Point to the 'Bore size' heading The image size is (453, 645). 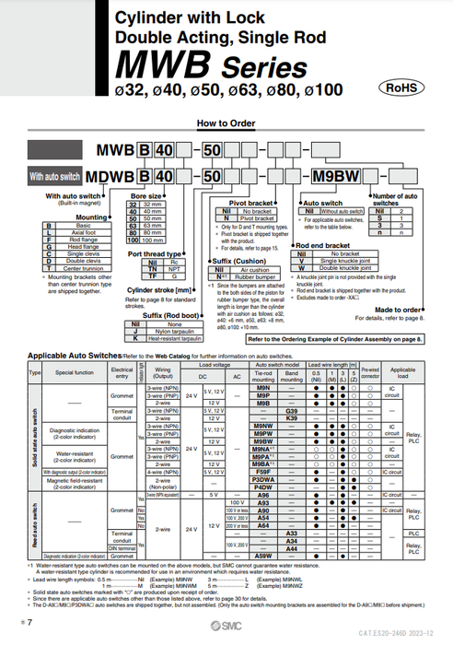point(148,195)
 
